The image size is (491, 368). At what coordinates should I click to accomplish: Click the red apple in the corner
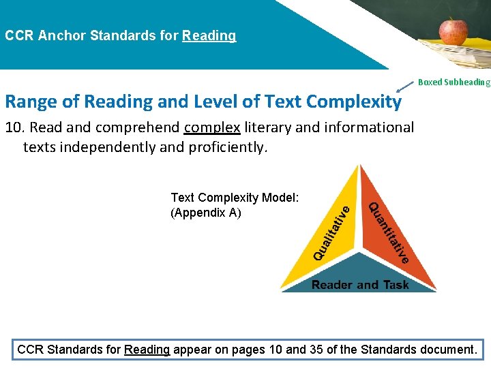pyautogui.click(x=453, y=30)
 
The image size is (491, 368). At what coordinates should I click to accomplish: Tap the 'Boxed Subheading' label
pyautogui.click(x=453, y=82)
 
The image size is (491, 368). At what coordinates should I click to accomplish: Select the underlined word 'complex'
pyautogui.click(x=212, y=127)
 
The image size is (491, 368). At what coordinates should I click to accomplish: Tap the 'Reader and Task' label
pyautogui.click(x=359, y=285)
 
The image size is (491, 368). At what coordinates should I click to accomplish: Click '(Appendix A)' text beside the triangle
pyautogui.click(x=205, y=213)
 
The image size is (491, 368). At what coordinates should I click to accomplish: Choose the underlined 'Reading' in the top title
pyautogui.click(x=209, y=35)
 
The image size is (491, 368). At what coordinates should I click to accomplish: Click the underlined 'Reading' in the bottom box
pyautogui.click(x=147, y=350)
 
